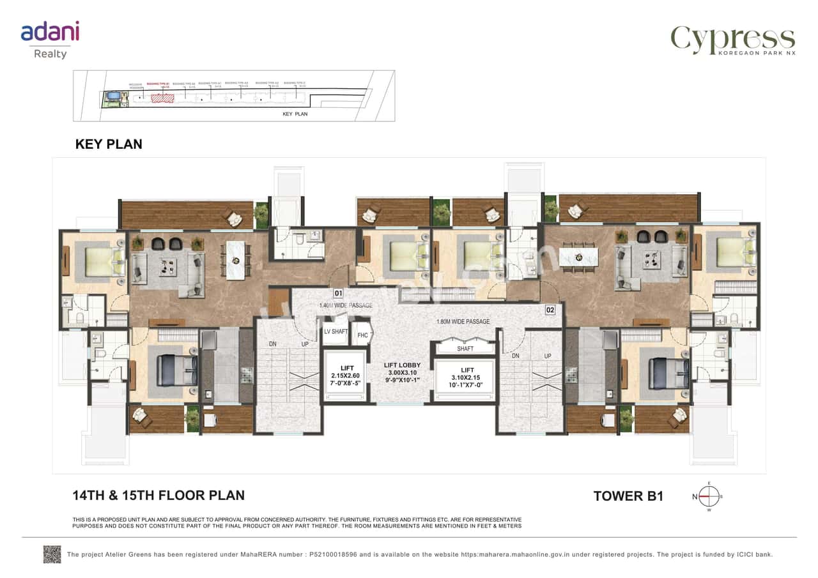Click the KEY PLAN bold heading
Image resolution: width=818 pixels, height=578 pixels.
coord(109,144)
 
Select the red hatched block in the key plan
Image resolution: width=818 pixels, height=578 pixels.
coord(162,98)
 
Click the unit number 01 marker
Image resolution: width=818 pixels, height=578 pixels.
coord(339,294)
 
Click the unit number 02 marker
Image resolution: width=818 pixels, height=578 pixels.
coord(550,310)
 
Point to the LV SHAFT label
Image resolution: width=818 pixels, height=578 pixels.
coord(336,331)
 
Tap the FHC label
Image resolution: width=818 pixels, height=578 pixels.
coord(362,335)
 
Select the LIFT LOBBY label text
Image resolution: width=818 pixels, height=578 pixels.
coord(402,365)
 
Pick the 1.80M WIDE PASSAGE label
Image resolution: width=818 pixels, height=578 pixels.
coord(463,321)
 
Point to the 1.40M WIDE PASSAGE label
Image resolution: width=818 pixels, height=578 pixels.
coord(346,306)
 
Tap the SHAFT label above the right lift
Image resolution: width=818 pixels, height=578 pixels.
coord(465,349)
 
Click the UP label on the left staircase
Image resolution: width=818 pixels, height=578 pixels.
coord(305,344)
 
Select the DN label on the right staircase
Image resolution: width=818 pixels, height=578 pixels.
coord(515,356)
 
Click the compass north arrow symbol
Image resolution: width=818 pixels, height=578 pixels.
coord(708,496)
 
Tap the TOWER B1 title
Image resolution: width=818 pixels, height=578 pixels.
coord(628,496)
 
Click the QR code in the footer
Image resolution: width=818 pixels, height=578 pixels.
coord(52,554)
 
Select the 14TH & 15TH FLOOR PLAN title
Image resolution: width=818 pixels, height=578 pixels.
coord(158,495)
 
